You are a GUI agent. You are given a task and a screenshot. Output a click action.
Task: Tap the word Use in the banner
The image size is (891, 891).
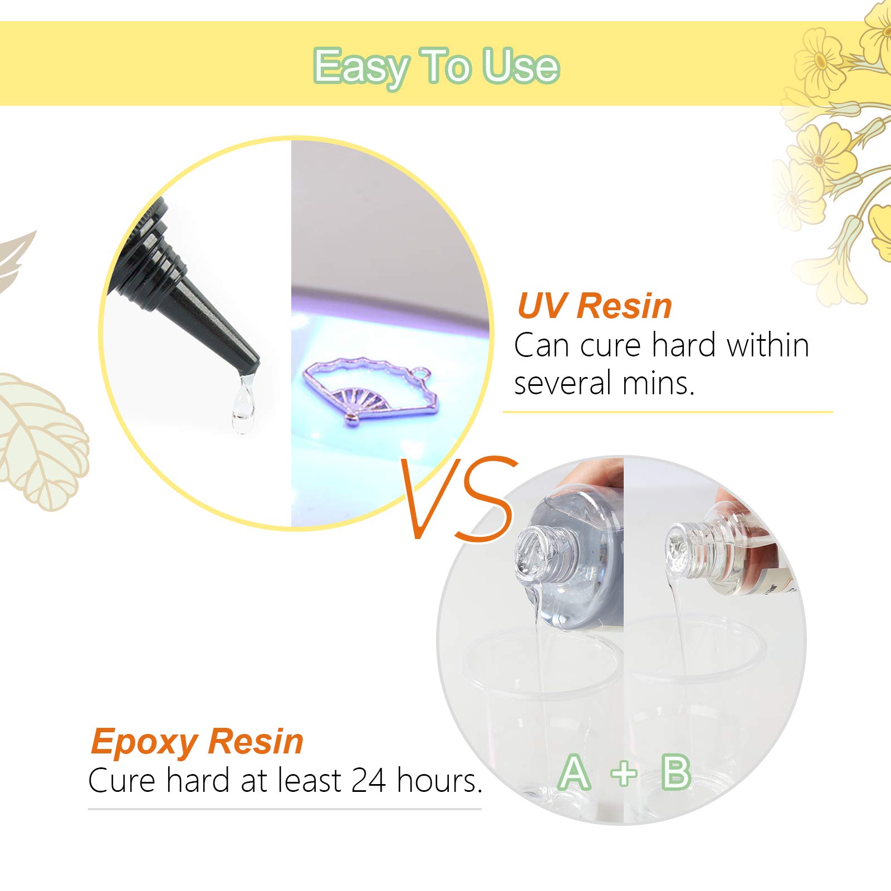click(x=520, y=67)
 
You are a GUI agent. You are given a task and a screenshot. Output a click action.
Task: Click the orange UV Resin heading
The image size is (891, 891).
click(x=594, y=306)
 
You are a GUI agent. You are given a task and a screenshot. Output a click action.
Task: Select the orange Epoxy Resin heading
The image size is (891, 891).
click(x=197, y=742)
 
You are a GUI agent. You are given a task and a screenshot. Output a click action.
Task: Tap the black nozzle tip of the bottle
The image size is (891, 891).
click(x=248, y=365)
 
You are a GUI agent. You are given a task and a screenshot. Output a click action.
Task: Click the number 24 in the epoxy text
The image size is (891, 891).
click(x=369, y=781)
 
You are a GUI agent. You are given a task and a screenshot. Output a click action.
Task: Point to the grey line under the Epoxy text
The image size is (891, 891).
click(x=284, y=809)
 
